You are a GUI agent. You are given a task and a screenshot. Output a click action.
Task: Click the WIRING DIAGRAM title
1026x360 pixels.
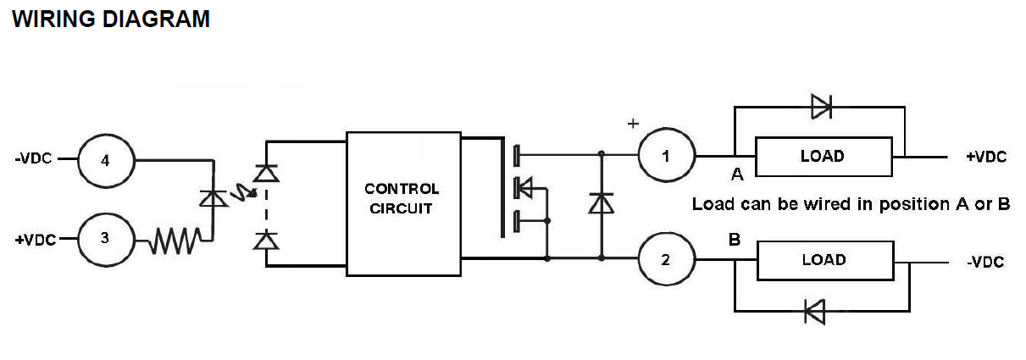point(111,19)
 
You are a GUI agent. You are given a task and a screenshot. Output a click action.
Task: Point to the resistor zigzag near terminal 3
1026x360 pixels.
point(175,241)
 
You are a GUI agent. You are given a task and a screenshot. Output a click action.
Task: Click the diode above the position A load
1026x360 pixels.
point(821,107)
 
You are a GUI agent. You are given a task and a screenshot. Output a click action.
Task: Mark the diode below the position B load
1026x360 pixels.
point(815,312)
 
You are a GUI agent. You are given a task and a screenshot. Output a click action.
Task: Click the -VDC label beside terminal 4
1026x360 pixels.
point(33,158)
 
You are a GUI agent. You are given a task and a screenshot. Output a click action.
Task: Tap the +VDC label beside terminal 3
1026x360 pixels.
point(36,240)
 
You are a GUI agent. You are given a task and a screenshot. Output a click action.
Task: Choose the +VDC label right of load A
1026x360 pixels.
point(986,157)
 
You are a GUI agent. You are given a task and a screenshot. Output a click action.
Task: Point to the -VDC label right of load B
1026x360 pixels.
point(985,262)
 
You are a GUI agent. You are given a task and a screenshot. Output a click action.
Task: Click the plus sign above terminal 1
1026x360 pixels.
point(633,124)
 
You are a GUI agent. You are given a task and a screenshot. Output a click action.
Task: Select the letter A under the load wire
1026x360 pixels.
point(737,174)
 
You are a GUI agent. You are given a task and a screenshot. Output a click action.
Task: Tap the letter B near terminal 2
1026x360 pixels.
point(735,240)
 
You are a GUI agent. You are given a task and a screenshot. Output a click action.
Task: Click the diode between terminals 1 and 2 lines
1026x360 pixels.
point(601,203)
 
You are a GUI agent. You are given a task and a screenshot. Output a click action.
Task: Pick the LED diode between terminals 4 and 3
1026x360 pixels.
point(213,198)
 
